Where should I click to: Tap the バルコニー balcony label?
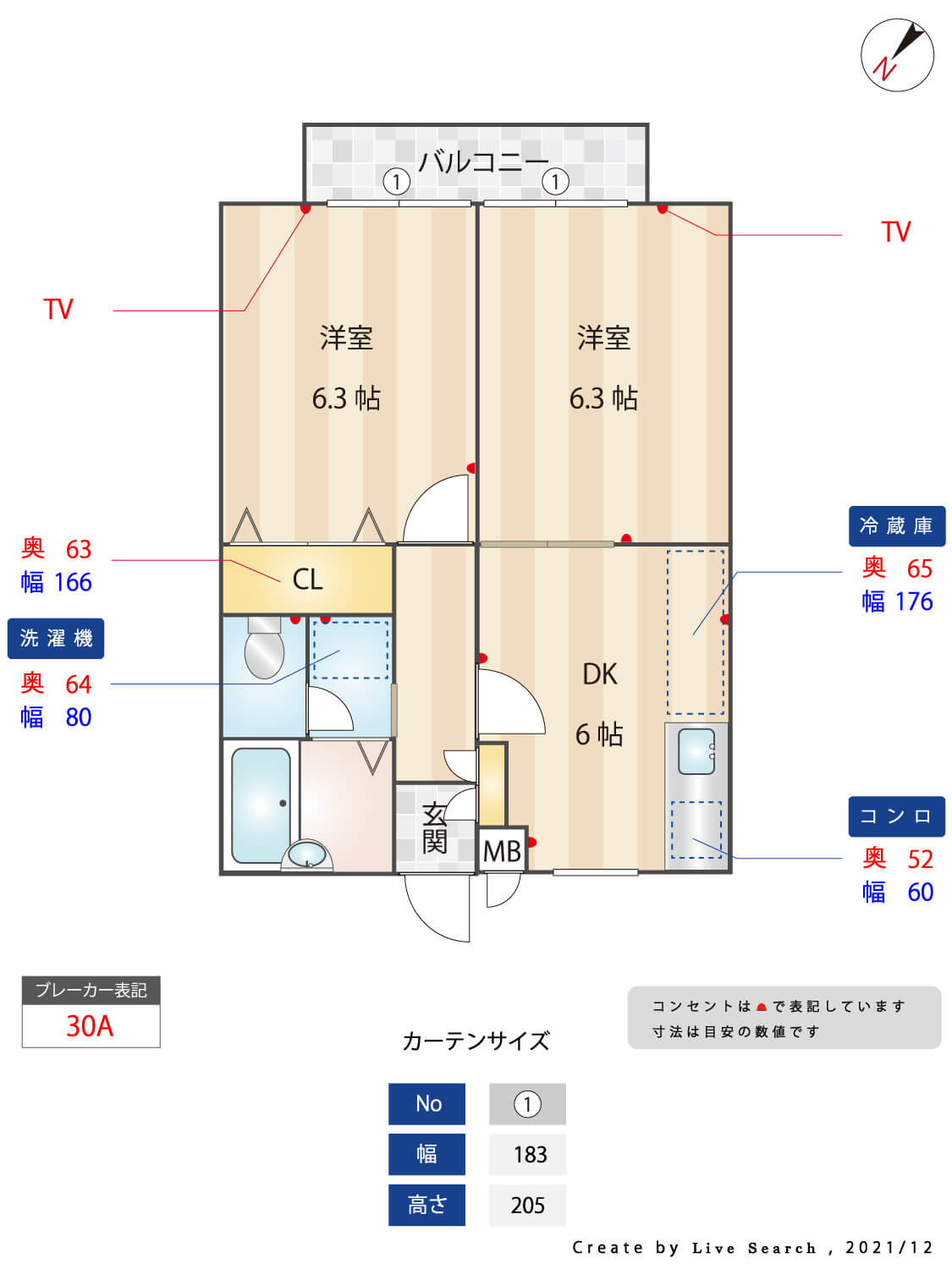coord(482,162)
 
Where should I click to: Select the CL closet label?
coord(307,579)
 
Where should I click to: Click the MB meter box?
coord(502,851)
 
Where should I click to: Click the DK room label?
coord(599,674)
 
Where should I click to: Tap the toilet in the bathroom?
coord(264,648)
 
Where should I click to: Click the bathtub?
coord(261,805)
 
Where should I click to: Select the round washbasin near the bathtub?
coord(307,854)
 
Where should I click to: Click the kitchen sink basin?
coord(696,751)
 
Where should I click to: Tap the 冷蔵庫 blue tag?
coord(896,525)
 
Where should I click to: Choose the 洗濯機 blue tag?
coord(56,638)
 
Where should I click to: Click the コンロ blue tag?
coord(896,816)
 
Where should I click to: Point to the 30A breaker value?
coord(90,1026)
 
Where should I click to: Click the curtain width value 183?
coord(530,1155)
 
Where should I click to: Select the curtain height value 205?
coord(528,1206)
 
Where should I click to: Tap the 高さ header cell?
coord(426,1205)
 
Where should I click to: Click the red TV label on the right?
coord(896,231)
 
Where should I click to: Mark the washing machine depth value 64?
coord(78,684)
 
